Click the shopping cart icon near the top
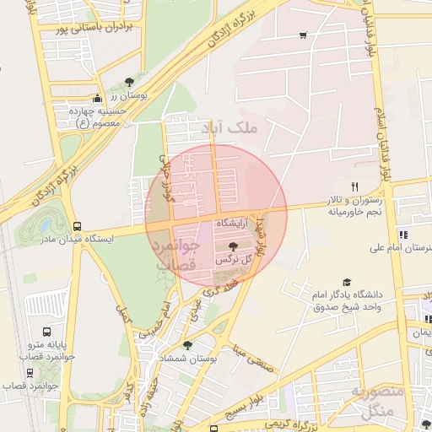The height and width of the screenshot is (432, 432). coord(303,35)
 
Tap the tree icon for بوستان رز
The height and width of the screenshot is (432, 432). coord(128,82)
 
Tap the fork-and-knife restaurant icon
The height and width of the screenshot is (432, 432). coord(354,186)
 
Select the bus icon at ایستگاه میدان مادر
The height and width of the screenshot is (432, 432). coord(78,226)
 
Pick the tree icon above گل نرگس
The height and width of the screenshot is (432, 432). coord(233,245)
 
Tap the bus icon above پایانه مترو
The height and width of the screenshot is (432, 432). coord(46,332)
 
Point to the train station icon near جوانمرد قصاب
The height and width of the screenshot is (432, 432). coord(30,371)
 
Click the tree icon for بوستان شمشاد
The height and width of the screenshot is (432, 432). coord(187,344)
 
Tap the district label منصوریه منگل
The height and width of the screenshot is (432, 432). coord(372,402)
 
